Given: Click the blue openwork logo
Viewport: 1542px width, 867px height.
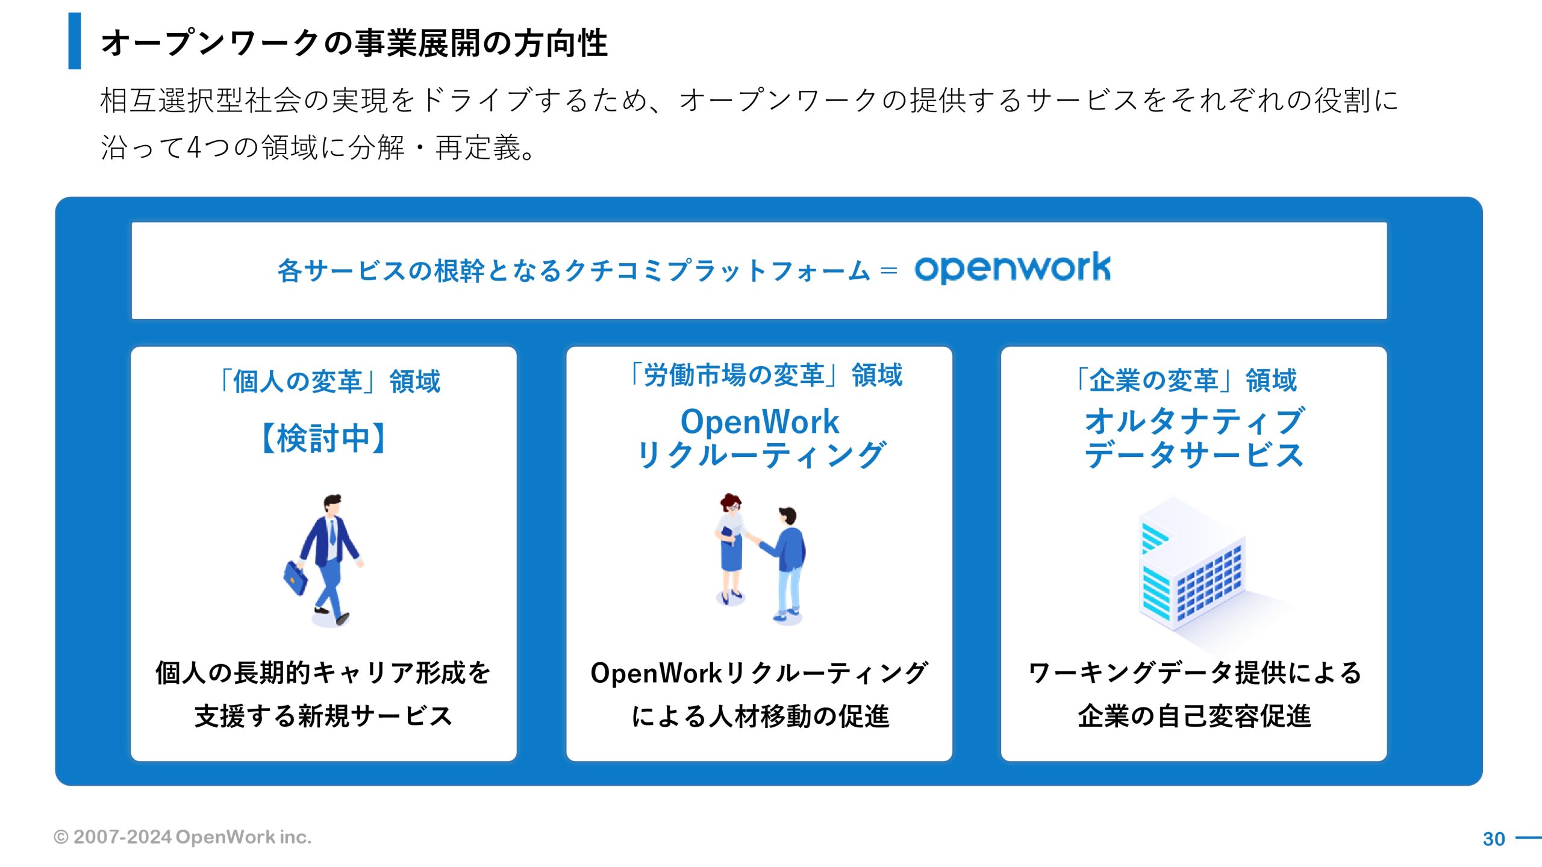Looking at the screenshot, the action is [x=1013, y=268].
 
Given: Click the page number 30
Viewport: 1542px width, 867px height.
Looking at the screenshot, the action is [x=1494, y=839].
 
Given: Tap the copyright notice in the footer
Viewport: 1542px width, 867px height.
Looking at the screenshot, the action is [x=183, y=837].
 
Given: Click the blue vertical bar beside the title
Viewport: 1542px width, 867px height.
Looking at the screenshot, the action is [x=75, y=41].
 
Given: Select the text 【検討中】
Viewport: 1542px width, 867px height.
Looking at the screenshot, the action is [x=323, y=438].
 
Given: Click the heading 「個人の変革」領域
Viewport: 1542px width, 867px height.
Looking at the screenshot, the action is [x=328, y=381].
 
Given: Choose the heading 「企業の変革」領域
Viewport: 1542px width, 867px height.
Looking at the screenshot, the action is [x=1185, y=380].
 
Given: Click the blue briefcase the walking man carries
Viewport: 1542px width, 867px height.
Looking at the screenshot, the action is [x=295, y=578].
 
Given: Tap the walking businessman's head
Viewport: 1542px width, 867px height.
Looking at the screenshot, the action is [x=332, y=504].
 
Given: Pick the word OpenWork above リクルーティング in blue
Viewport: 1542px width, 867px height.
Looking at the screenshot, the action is [x=760, y=421].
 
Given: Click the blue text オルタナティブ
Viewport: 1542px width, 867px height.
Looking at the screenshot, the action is [x=1194, y=420].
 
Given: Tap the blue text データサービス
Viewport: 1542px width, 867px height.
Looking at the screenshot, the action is [x=1194, y=455].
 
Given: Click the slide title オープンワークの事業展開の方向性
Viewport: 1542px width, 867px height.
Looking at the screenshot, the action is [x=354, y=43].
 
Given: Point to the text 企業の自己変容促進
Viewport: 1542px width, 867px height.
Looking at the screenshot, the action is [x=1194, y=716].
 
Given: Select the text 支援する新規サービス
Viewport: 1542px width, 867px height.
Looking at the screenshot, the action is [x=323, y=716].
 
